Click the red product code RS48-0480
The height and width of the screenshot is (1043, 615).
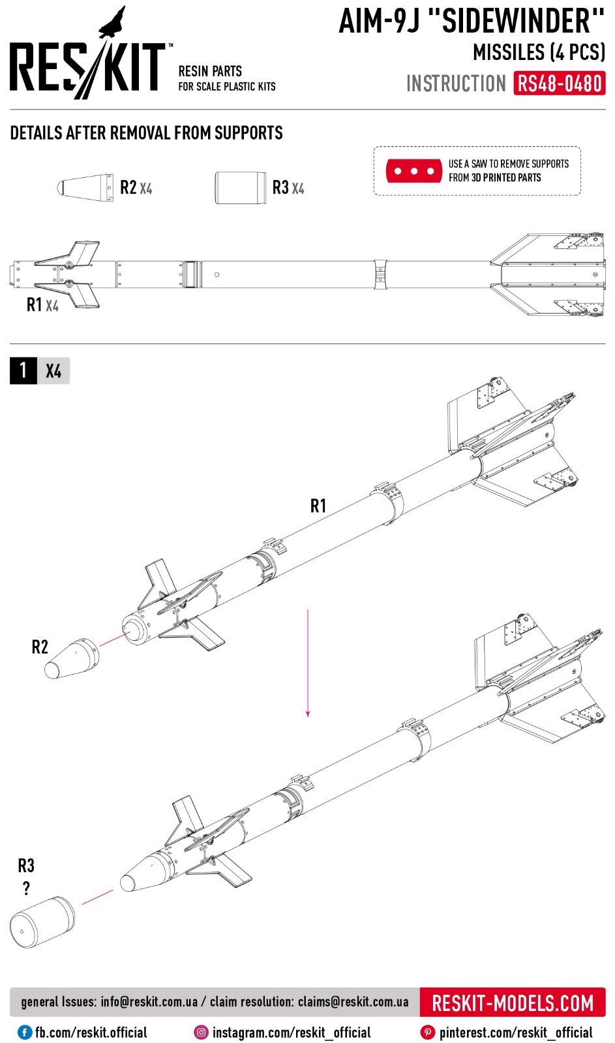560,84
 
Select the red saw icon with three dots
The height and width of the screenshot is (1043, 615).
414,171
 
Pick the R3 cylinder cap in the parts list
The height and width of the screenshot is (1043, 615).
240,188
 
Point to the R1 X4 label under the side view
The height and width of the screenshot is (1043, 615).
42,304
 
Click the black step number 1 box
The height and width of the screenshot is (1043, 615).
23,371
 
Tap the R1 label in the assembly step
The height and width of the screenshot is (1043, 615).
318,506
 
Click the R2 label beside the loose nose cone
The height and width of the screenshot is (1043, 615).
40,647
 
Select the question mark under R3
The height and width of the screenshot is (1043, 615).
26,888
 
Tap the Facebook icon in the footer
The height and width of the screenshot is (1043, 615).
25,1033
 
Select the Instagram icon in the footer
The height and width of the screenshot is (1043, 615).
202,1033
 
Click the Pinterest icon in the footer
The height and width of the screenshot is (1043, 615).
428,1033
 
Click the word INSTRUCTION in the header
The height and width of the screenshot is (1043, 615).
456,84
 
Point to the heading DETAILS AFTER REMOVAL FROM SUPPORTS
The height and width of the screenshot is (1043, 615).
147,133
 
